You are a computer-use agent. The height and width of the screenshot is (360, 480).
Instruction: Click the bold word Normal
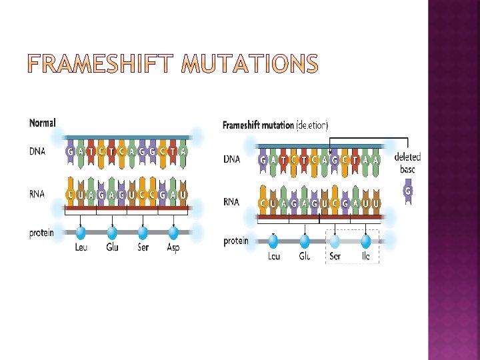[43, 123]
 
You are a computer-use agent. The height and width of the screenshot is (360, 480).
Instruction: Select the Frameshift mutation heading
[257, 125]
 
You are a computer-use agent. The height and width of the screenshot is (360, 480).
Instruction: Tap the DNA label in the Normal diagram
[38, 151]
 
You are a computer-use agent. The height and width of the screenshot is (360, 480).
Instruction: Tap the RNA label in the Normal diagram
[37, 195]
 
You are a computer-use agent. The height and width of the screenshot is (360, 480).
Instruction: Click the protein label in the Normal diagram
[41, 233]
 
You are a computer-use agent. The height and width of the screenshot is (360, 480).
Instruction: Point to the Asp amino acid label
[173, 249]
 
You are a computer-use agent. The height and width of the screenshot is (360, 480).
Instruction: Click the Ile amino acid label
[366, 256]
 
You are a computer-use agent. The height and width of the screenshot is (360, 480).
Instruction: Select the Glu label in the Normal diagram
[112, 249]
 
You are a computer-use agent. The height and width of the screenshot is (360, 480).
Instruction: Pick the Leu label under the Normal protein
[81, 249]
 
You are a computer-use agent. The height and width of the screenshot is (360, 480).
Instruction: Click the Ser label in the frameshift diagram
[335, 256]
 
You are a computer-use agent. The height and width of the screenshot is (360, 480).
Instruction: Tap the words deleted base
[407, 163]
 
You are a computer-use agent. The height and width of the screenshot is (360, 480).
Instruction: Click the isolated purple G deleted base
[408, 192]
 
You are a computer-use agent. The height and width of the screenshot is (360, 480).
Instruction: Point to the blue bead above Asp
[173, 233]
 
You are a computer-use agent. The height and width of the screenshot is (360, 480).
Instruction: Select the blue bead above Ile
[365, 241]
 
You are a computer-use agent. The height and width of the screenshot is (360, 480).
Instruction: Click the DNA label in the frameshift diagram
[232, 160]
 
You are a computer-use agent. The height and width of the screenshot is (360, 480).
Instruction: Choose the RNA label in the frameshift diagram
[232, 202]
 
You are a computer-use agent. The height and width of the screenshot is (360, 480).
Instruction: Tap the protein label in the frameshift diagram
[235, 241]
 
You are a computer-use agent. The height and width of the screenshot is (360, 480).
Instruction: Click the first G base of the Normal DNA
[71, 151]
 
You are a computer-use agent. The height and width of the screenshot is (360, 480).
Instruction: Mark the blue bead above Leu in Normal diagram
[81, 233]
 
